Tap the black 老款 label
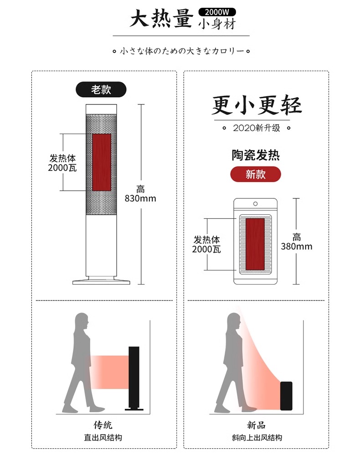coord(101,89)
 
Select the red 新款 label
coord(255,174)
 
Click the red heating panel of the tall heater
coord(102,162)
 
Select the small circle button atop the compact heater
coord(255,204)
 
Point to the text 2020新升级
coord(256,128)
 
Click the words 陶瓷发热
coord(255,155)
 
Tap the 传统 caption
coord(103,425)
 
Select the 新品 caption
coord(256,425)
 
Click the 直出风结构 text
coord(103,438)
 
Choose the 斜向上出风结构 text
coord(256,438)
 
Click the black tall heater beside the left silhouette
coord(134,378)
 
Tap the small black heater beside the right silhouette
coord(286,395)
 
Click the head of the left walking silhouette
coord(82,320)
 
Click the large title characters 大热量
coord(161,20)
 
